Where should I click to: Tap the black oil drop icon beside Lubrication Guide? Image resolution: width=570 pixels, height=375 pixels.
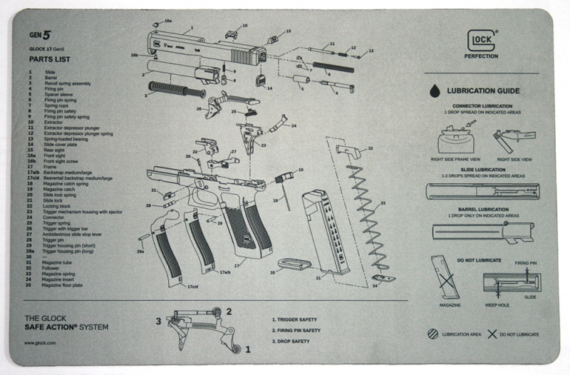(x=434, y=91)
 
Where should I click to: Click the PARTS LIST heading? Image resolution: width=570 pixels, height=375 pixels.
(x=49, y=59)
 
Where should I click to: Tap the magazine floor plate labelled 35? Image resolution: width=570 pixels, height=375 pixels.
(x=294, y=264)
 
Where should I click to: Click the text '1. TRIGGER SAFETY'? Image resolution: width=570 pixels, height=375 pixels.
(x=296, y=320)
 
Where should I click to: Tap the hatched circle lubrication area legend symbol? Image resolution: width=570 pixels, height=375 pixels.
(x=432, y=334)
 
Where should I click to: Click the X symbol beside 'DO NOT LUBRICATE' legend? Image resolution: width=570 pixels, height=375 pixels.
(x=491, y=334)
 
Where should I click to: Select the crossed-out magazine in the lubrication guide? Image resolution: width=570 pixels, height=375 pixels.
(x=445, y=277)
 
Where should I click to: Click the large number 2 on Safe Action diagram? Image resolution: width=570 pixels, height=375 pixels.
(x=229, y=311)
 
